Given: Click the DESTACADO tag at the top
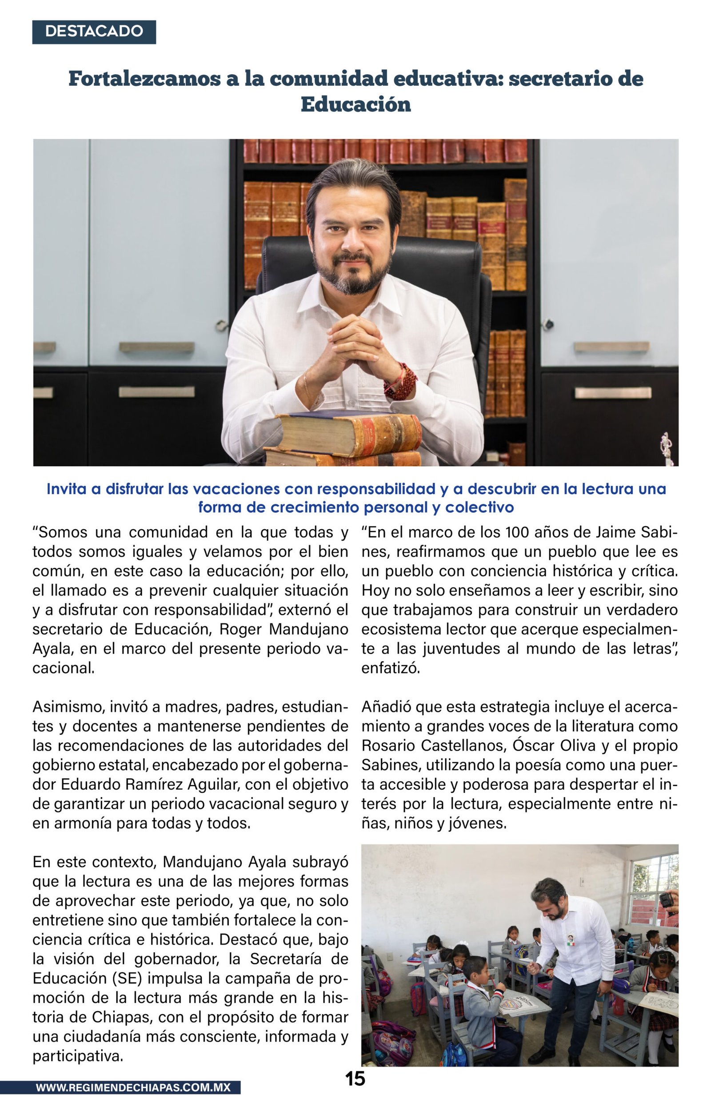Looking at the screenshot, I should point(94,32).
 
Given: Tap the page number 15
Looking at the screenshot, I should point(355,1078).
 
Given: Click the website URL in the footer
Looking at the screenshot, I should point(133,1087).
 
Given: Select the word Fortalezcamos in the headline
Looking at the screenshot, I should point(144,79).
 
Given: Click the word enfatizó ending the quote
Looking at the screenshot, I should point(391,668).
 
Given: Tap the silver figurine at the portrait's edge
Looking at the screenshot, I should point(667,448).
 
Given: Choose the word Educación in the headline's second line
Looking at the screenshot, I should point(355,104).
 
